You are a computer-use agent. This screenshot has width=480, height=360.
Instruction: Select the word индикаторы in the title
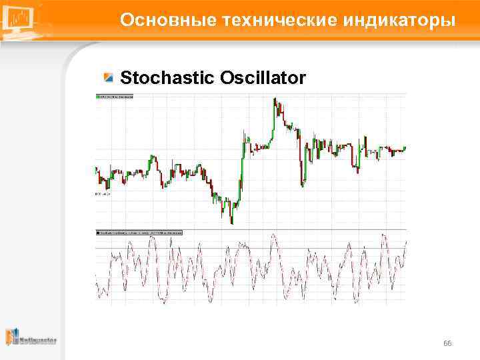coord(400,20)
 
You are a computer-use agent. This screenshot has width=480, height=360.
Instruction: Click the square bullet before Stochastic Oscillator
coord(108,77)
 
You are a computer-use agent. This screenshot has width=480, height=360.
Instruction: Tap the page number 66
coord(447,343)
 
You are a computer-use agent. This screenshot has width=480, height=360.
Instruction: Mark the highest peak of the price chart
coord(275,100)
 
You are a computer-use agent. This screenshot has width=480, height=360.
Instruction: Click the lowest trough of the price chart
coord(231,223)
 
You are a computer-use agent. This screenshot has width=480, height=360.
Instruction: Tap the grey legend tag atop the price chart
coord(115,97)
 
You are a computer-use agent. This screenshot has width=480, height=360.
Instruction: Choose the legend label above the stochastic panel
coord(139,233)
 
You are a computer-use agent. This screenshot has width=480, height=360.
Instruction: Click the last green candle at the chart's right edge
coord(405,148)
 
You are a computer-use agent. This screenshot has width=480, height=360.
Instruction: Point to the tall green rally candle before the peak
coord(243,153)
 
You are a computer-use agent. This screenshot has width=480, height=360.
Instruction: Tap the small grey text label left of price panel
coord(101,193)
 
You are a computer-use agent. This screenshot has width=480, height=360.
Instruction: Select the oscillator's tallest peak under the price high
coord(273,235)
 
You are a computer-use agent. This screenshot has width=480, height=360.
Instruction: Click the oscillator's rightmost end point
coord(406,241)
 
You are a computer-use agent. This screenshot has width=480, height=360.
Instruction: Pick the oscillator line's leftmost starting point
coord(97,275)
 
